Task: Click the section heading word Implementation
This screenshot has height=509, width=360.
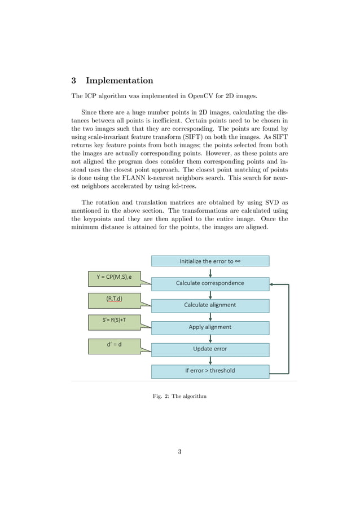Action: (119, 81)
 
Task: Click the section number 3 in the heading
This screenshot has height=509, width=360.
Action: (74, 81)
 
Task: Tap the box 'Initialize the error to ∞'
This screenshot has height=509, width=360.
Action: (210, 261)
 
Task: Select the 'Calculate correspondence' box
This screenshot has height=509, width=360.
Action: (210, 283)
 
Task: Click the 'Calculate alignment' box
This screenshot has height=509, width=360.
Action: (210, 305)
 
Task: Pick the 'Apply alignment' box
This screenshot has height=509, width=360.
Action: (210, 327)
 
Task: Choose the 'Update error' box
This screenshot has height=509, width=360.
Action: (210, 349)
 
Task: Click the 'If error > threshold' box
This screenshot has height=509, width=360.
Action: (210, 371)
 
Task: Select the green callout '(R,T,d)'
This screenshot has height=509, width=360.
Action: (114, 299)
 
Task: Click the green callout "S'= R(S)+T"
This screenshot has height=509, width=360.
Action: (114, 321)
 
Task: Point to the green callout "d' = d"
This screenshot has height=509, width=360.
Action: (114, 346)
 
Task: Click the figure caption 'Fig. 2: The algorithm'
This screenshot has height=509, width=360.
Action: (179, 397)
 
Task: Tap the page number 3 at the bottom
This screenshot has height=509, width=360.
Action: (179, 451)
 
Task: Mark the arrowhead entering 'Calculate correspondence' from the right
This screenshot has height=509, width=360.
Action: (272, 285)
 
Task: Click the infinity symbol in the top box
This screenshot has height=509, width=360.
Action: (239, 261)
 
